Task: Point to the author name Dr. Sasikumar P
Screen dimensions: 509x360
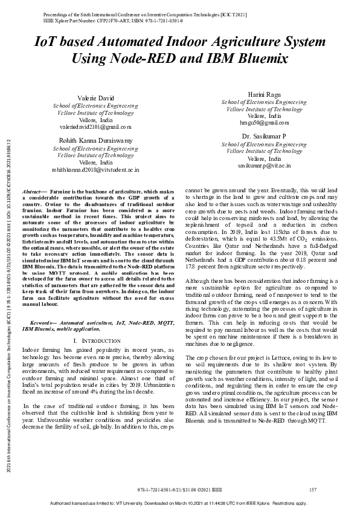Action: click(x=264, y=137)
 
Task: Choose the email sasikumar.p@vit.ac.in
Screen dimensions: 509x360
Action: click(x=265, y=164)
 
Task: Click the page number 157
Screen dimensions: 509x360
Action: click(x=313, y=489)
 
